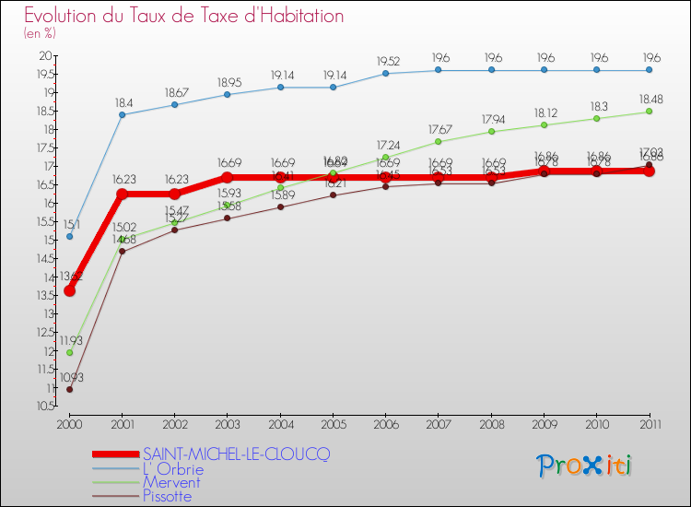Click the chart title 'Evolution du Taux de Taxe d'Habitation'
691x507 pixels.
(184, 17)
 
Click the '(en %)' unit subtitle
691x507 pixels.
(40, 33)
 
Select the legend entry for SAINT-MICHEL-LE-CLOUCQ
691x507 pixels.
(236, 454)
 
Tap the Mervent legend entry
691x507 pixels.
(171, 482)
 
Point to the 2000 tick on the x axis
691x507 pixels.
(69, 425)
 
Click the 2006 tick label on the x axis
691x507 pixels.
(385, 425)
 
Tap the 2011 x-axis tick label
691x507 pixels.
(649, 425)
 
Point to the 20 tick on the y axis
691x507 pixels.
(44, 56)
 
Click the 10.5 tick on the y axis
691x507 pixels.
(41, 407)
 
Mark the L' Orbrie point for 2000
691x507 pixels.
(69, 236)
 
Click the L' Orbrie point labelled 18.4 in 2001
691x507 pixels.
(122, 114)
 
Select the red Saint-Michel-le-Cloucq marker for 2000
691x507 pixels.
(69, 290)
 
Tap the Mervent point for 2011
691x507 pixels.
(649, 112)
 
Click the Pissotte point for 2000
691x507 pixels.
(69, 389)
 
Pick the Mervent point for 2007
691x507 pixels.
(438, 141)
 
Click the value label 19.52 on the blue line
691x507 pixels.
(385, 61)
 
